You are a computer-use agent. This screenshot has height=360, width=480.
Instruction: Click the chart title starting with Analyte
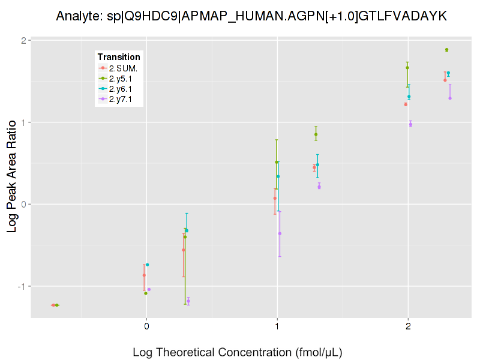[251, 16]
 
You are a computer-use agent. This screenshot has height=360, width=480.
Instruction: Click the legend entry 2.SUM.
[124, 68]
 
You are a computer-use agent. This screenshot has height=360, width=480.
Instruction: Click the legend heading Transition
[119, 57]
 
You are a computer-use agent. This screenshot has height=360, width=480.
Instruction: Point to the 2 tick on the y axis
[22, 41]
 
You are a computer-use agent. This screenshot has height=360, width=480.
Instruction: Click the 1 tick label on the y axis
[22, 122]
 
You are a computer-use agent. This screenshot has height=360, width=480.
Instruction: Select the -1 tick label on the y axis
[20, 286]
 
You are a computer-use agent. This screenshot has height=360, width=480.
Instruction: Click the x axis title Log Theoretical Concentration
[237, 352]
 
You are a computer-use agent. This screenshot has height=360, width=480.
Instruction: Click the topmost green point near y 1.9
[446, 50]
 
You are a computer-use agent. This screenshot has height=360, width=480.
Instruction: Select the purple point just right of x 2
[410, 124]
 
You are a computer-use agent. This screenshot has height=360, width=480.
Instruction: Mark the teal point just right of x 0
[148, 265]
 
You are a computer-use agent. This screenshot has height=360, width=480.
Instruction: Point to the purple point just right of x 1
[280, 233]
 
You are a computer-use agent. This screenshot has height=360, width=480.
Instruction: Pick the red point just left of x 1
[275, 198]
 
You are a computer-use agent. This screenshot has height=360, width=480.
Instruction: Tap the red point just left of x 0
[144, 275]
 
